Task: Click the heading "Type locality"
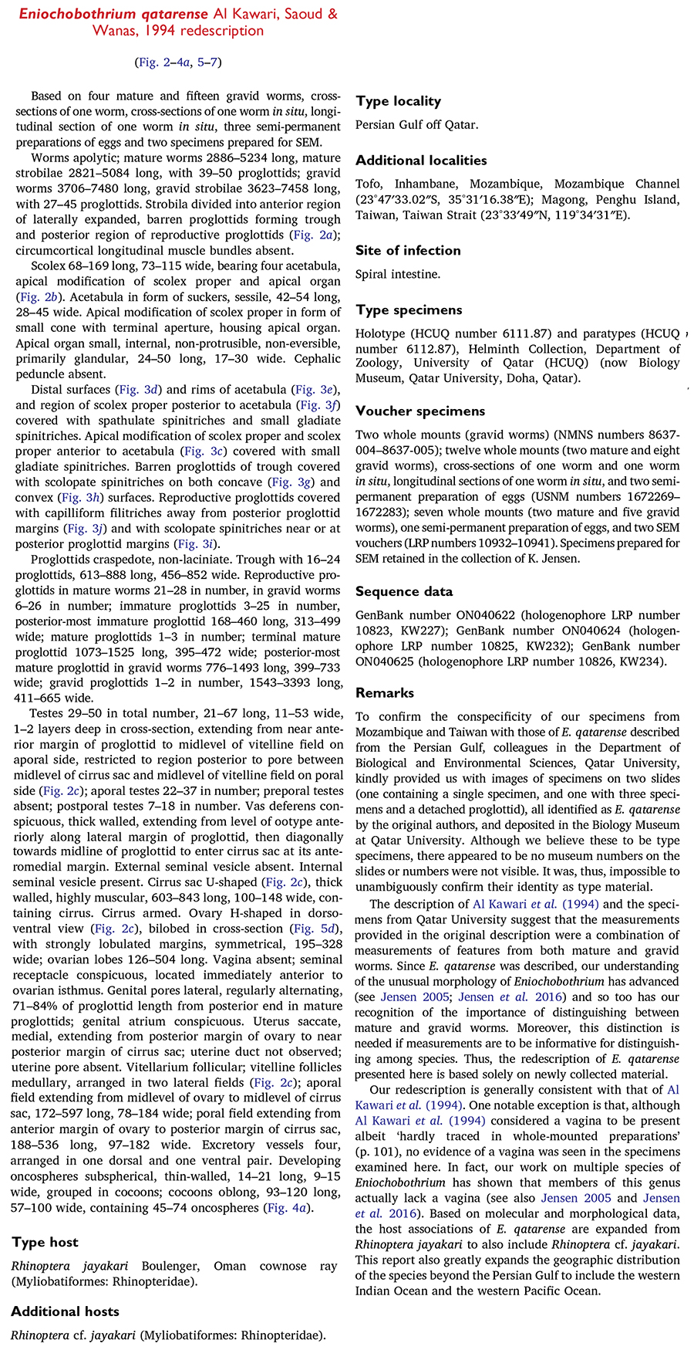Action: [398, 101]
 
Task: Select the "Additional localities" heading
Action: [421, 161]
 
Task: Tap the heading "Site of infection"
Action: [408, 250]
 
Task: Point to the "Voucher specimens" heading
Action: [419, 411]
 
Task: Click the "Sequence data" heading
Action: [404, 591]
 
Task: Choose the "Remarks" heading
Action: [384, 692]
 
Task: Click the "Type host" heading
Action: [45, 1242]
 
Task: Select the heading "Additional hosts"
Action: [65, 1311]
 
